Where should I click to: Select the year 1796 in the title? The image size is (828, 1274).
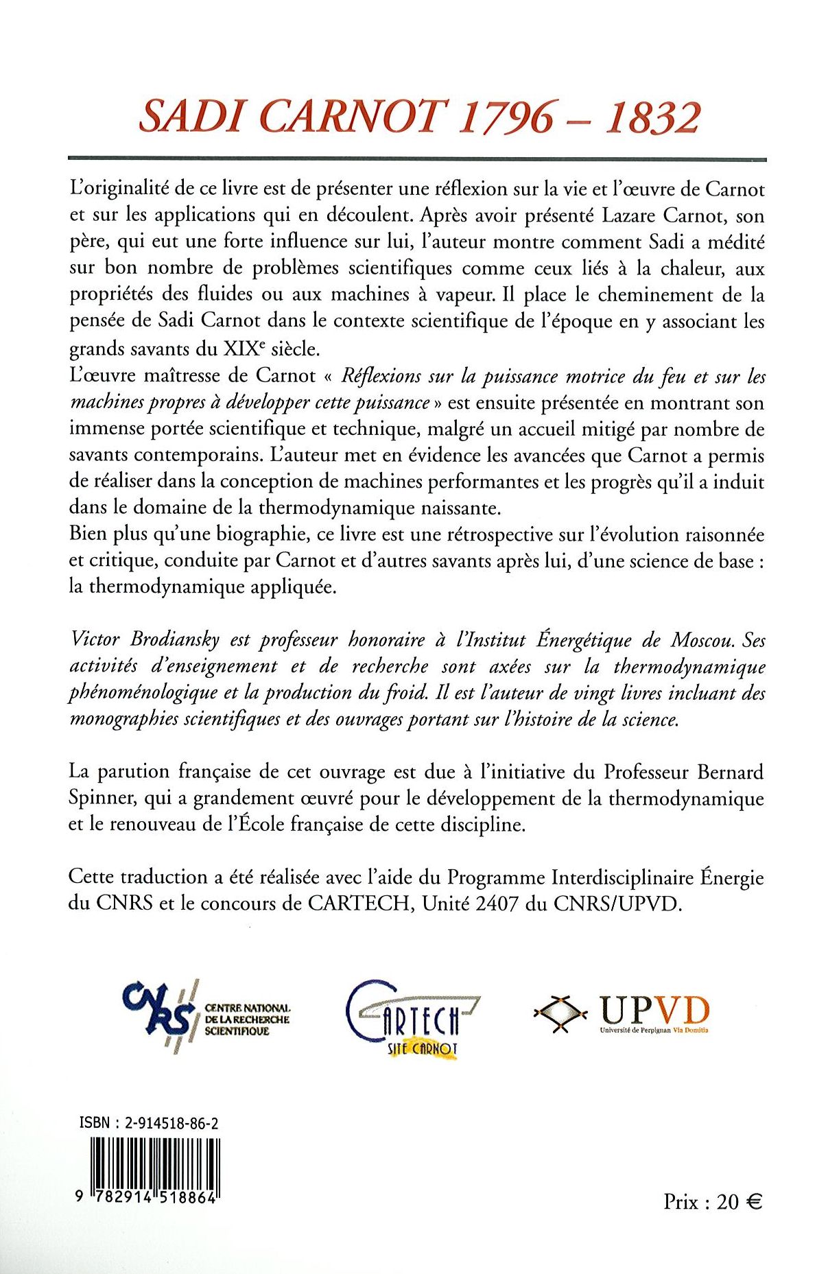click(x=506, y=117)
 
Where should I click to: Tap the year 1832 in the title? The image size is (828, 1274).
click(x=653, y=117)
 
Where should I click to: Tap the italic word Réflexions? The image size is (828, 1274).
click(x=381, y=376)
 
